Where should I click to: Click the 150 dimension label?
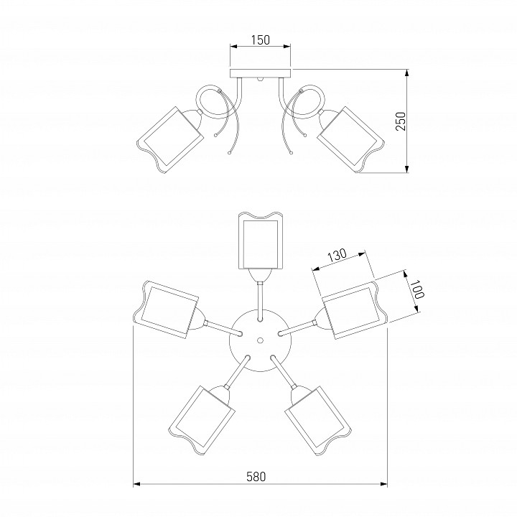261,40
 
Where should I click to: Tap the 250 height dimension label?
401,121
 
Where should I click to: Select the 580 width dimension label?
256,477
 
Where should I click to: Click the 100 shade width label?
419,289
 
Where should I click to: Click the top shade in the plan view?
261,240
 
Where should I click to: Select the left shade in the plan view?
166,309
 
